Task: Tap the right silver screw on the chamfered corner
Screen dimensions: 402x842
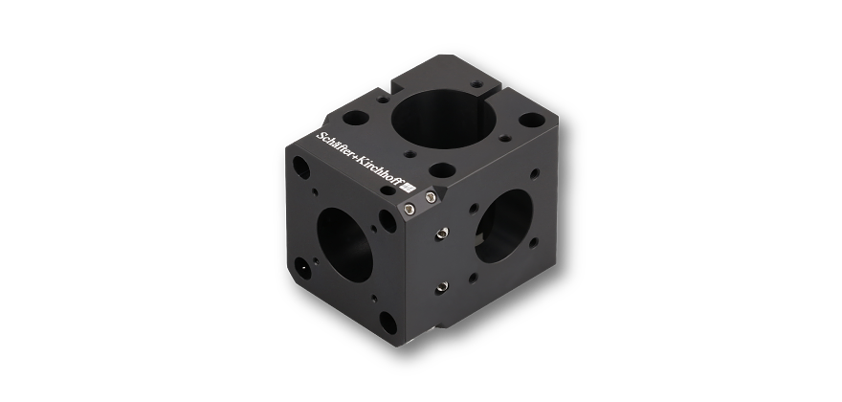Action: coord(431,198)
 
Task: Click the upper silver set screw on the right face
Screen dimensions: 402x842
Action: coord(442,233)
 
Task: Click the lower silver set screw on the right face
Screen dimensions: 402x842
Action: coord(442,283)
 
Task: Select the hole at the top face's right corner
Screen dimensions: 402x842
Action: coord(529,123)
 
